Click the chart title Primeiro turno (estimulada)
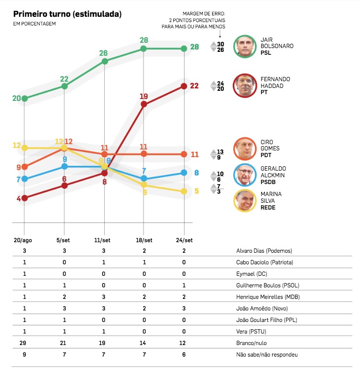pyautogui.click(x=67, y=14)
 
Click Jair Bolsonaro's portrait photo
pyautogui.click(x=246, y=47)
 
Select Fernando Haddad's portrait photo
pyautogui.click(x=246, y=86)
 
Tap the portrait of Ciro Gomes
pyautogui.click(x=246, y=149)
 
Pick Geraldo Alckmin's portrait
pyautogui.click(x=246, y=175)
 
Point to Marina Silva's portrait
pyautogui.click(x=246, y=201)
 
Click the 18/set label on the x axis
pyautogui.click(x=144, y=240)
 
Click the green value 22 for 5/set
pyautogui.click(x=64, y=78)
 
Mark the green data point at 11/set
pyautogui.click(x=104, y=61)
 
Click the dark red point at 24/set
pyautogui.click(x=184, y=86)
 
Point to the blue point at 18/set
pyautogui.click(x=144, y=179)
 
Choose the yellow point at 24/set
pyautogui.click(x=184, y=191)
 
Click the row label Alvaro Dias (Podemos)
pyautogui.click(x=264, y=251)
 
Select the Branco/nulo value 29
pyautogui.click(x=24, y=343)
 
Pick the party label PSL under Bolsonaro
pyautogui.click(x=265, y=53)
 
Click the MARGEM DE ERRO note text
pyautogui.click(x=204, y=20)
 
